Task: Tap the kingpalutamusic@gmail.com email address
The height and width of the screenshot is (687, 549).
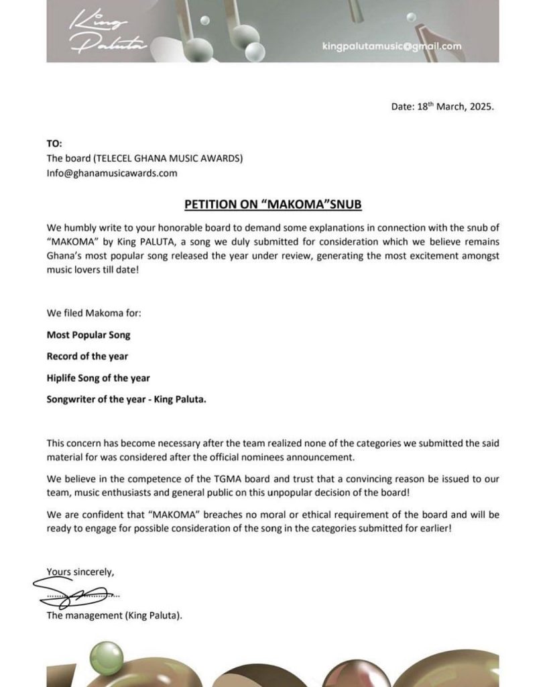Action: pos(392,46)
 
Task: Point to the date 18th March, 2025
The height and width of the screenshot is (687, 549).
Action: pos(442,107)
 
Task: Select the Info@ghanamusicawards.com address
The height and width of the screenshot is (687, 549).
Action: pos(112,172)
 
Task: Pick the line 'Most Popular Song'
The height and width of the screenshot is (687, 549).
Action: pos(88,334)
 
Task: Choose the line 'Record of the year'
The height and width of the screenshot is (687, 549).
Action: pos(87,356)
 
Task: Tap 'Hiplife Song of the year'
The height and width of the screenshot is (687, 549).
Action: pos(99,378)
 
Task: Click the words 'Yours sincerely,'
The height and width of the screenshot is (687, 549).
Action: pos(80,572)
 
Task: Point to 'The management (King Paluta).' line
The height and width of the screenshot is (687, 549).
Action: pos(115,615)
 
